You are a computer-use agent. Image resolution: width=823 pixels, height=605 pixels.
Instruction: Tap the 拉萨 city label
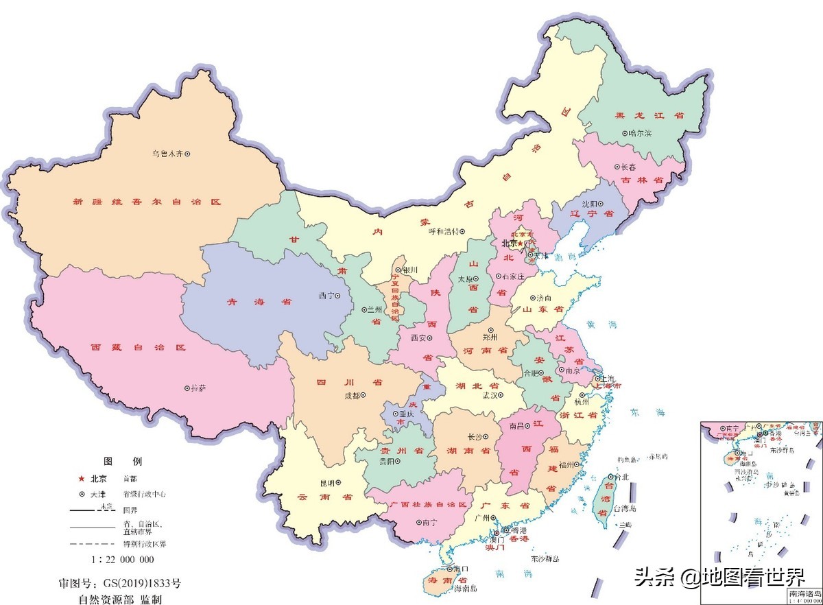pyautogui.click(x=199, y=388)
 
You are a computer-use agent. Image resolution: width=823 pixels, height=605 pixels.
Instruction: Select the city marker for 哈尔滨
pyautogui.click(x=624, y=133)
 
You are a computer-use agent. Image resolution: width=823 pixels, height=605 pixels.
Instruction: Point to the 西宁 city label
pyautogui.click(x=325, y=296)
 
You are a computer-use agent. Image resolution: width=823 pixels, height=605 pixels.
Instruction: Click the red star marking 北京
pyautogui.click(x=521, y=244)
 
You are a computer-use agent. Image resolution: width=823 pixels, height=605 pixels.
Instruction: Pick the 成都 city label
pyautogui.click(x=352, y=395)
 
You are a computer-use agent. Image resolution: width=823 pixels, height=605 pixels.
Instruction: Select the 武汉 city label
pyautogui.click(x=491, y=395)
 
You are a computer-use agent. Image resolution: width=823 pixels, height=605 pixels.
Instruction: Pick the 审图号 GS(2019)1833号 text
pyautogui.click(x=120, y=584)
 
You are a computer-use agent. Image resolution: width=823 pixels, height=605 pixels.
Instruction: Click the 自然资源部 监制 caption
pyautogui.click(x=120, y=599)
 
